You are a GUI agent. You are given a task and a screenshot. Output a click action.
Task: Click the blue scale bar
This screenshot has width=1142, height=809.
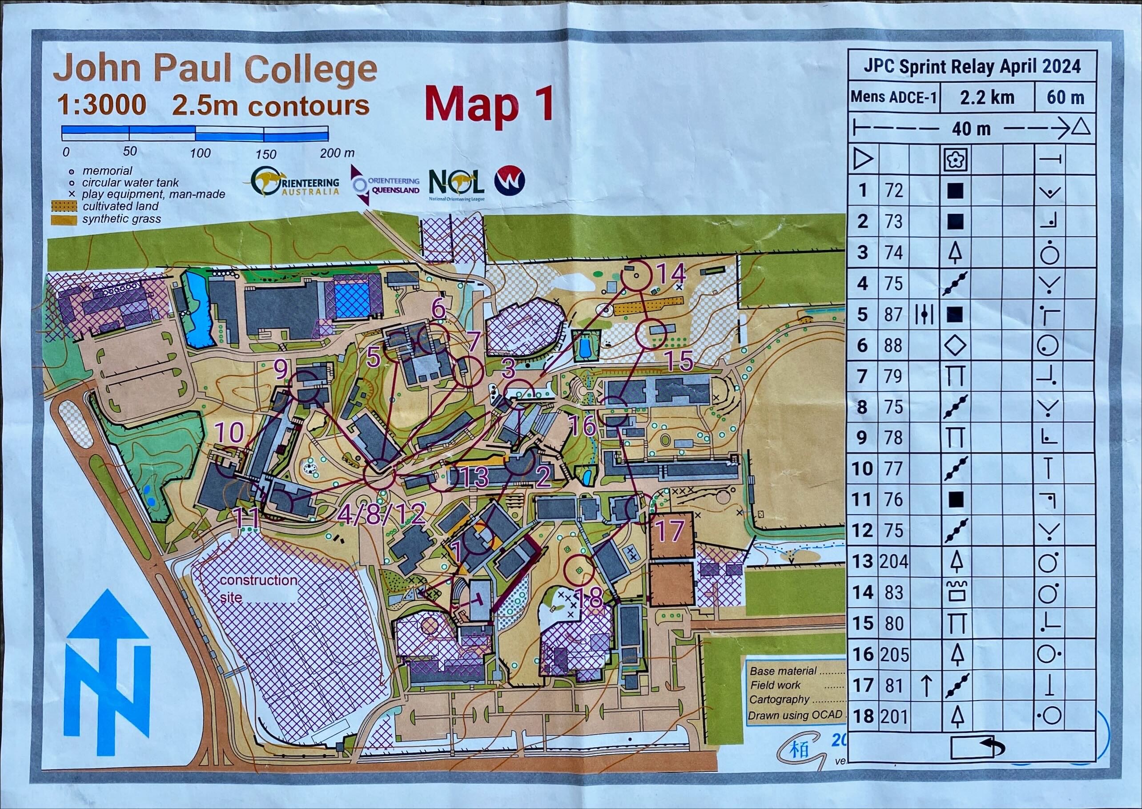(195, 133)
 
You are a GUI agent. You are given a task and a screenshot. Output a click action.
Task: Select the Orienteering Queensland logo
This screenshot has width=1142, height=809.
(386, 185)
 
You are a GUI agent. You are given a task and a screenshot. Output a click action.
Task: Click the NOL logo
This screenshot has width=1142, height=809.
(456, 184)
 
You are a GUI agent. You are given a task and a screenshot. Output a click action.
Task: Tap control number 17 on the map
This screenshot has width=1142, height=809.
(670, 531)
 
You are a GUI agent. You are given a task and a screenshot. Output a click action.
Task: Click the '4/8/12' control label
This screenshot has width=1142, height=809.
(381, 514)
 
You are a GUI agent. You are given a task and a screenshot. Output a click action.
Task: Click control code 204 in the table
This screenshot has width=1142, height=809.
(893, 561)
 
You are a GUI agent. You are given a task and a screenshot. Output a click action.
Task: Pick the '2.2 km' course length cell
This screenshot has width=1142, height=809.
(987, 97)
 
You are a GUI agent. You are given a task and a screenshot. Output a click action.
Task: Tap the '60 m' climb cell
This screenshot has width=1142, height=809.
(1066, 97)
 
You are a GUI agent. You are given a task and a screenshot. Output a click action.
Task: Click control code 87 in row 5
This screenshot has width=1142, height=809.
(893, 314)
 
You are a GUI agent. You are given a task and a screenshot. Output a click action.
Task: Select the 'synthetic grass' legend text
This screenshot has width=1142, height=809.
(121, 219)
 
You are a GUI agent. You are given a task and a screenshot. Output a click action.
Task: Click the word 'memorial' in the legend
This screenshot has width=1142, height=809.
(107, 171)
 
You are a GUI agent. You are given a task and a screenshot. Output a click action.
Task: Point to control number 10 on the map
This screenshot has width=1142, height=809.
(229, 432)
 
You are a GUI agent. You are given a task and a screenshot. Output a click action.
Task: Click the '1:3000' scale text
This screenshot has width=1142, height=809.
(102, 105)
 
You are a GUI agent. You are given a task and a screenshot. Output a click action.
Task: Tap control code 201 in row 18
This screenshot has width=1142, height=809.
(893, 716)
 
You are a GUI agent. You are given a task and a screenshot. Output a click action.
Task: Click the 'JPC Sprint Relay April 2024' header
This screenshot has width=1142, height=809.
(972, 66)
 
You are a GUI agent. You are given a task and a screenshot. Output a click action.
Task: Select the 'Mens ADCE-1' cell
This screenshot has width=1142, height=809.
(893, 97)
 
